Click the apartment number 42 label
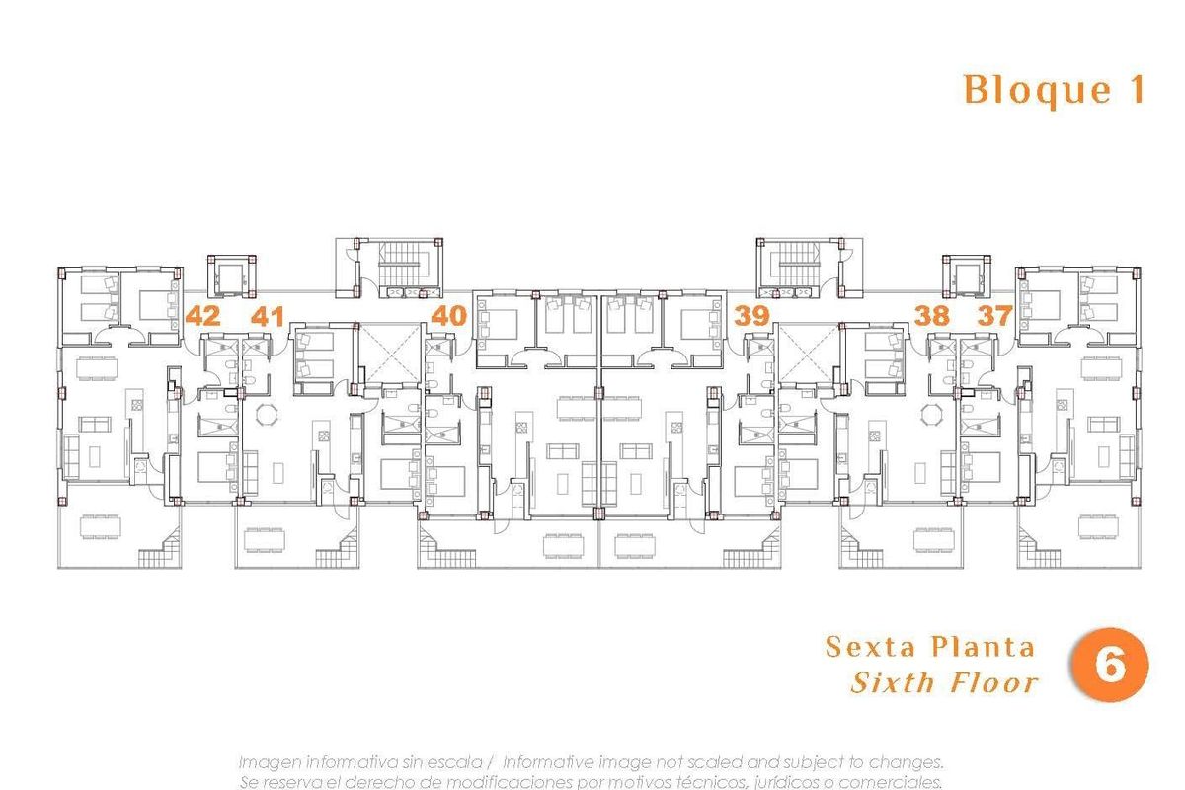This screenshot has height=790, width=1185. click(202, 317)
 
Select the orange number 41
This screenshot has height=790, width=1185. click(268, 317)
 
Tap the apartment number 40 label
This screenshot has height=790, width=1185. click(449, 317)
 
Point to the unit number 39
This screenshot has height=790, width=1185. click(751, 317)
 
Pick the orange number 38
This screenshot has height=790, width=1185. click(931, 317)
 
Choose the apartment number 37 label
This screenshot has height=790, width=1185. click(995, 317)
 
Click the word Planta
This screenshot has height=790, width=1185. click(983, 647)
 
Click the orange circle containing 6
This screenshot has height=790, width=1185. click(1109, 667)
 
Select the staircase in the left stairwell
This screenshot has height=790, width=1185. click(400, 262)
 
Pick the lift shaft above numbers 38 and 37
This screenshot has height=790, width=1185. click(965, 276)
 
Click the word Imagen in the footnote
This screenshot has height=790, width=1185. click(269, 762)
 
